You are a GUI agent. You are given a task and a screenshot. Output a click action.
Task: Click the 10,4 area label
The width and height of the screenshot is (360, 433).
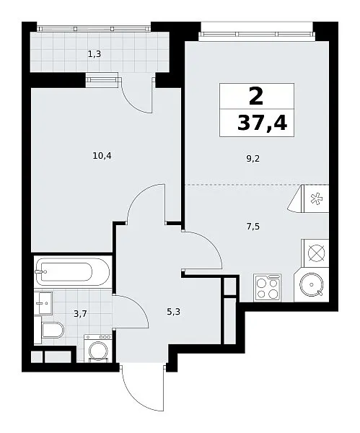(102, 157)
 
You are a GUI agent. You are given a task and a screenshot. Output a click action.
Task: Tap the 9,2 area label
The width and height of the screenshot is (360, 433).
(253, 159)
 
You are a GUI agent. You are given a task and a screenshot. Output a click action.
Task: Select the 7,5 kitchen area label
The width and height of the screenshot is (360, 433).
(253, 227)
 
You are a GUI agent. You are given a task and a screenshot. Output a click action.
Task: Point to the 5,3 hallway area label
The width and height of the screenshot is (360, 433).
(173, 312)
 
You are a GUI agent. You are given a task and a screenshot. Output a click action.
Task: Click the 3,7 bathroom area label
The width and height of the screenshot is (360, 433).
(81, 314)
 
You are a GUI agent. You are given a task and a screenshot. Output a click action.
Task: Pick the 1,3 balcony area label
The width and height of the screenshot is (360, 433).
(95, 54)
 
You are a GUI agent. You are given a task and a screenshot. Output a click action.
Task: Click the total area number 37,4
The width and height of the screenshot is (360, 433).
(263, 123)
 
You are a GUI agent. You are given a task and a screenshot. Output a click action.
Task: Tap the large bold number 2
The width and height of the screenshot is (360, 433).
(256, 95)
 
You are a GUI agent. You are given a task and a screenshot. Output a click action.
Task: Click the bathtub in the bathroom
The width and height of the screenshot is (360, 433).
(73, 272)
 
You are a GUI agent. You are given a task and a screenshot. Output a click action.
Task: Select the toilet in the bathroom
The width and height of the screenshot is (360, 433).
(53, 330)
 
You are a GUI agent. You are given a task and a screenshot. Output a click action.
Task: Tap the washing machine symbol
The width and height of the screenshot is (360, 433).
(98, 348)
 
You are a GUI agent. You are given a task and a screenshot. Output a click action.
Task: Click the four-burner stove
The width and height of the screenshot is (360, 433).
(267, 288)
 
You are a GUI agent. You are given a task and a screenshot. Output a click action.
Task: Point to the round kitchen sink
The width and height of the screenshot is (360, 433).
(312, 284)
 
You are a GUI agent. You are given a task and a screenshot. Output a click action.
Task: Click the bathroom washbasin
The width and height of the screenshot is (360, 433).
(43, 303)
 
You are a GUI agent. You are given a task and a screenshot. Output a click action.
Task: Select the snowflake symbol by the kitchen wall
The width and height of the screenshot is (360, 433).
(315, 199)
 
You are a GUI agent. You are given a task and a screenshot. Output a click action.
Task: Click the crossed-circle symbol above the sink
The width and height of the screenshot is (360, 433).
(316, 253)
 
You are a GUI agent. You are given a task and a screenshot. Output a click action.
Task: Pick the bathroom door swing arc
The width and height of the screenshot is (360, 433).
(139, 304)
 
